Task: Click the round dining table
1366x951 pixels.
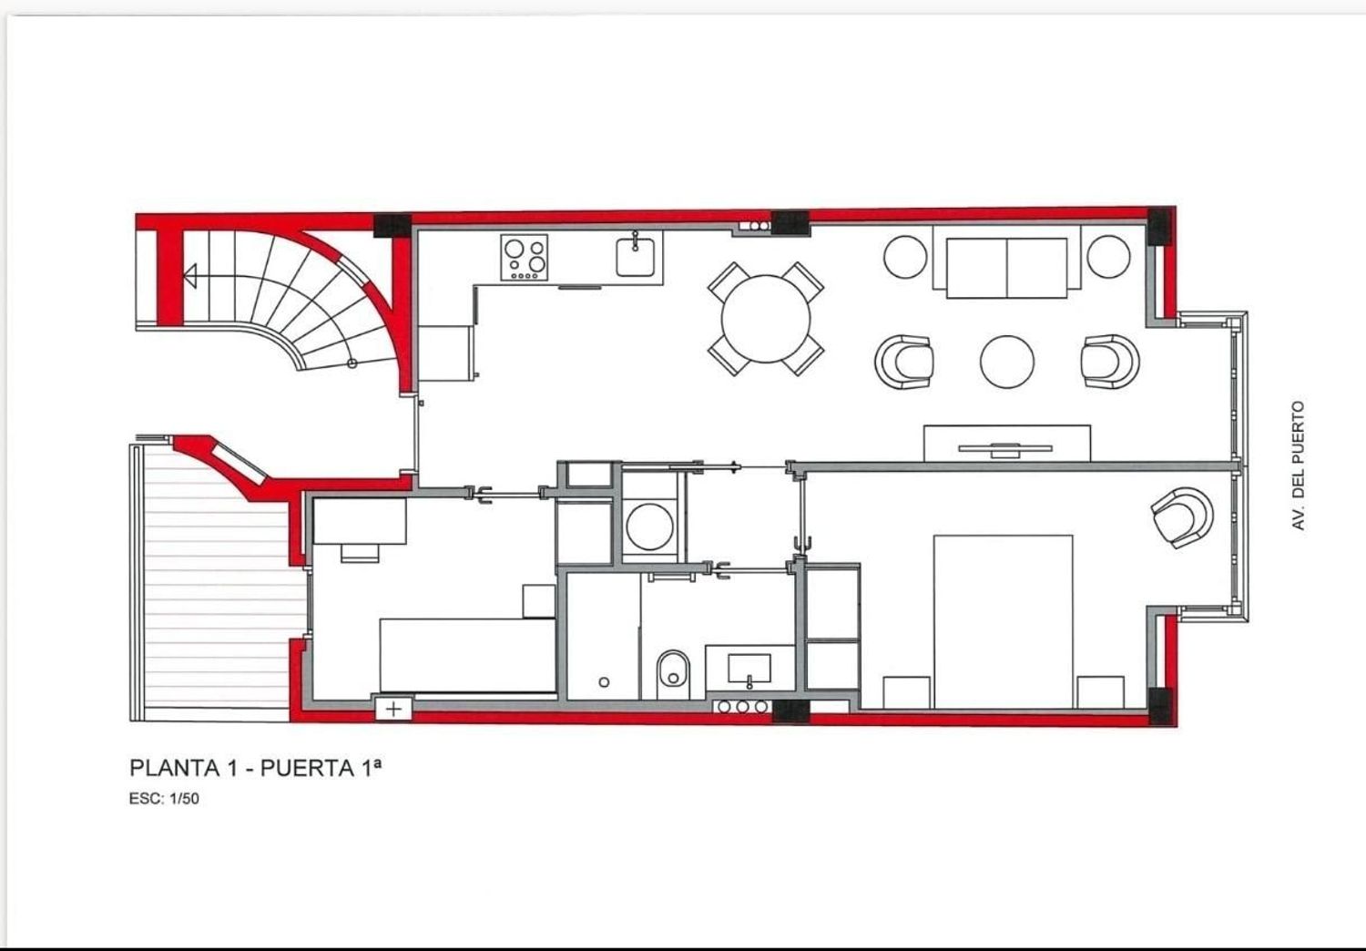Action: tap(765, 319)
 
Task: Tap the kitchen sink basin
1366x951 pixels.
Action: tap(635, 257)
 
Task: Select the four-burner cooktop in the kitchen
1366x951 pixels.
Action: tap(525, 258)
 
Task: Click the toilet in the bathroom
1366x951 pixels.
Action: tap(673, 675)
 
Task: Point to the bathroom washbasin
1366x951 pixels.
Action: tap(749, 669)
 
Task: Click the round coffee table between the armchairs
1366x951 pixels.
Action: tap(1007, 361)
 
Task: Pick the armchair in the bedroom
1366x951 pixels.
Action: tap(1182, 517)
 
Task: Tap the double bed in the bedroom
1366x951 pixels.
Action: tap(1004, 621)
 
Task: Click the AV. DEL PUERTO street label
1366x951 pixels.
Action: tap(1299, 465)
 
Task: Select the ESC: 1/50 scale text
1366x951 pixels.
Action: tap(164, 799)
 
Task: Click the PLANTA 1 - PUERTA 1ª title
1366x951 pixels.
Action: tap(256, 768)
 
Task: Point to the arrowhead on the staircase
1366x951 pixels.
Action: tap(189, 276)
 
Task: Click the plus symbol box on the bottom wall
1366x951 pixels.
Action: tap(394, 709)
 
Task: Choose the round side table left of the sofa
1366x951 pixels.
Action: tap(905, 257)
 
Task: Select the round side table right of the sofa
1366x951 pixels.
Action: tap(1108, 256)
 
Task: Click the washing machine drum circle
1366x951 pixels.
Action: tap(649, 526)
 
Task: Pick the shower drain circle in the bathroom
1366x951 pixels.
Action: tap(604, 682)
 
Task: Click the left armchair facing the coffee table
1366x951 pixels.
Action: tap(903, 361)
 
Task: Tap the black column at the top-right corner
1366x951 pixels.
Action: tap(1160, 225)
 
